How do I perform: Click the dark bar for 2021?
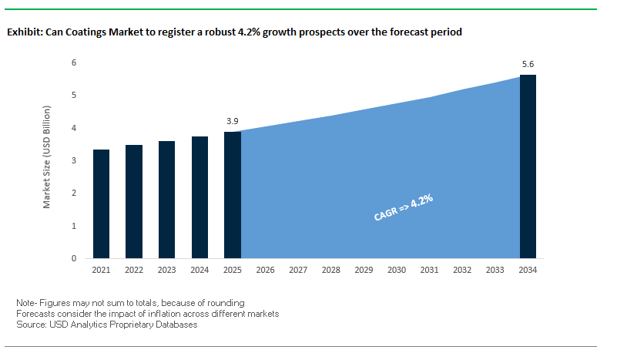(x=101, y=204)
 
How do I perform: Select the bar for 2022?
(x=133, y=202)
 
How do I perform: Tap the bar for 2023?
(x=166, y=200)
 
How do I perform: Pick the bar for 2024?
(x=200, y=197)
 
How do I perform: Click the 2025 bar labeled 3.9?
(x=232, y=195)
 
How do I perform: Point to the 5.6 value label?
(x=528, y=64)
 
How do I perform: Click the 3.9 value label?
(x=232, y=121)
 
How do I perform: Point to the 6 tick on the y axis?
(x=74, y=62)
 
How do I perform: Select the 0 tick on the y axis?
(x=74, y=259)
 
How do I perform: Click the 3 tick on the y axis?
(x=74, y=160)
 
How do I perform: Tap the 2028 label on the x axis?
(x=331, y=271)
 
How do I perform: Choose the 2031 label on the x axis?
(x=430, y=271)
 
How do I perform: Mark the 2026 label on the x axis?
(x=265, y=271)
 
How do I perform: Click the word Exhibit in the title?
(x=24, y=32)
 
